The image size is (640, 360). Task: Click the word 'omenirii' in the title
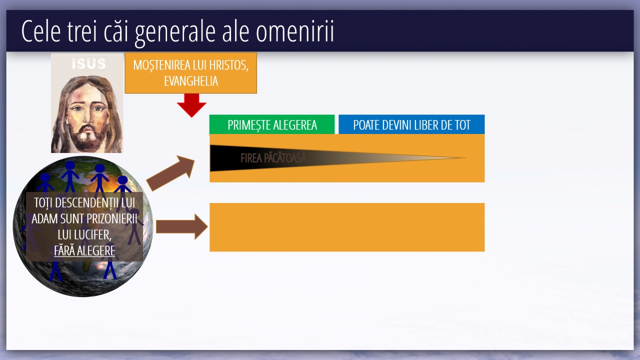point(295,31)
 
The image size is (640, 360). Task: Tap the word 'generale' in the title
point(175,33)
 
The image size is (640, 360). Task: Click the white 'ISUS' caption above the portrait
point(89,63)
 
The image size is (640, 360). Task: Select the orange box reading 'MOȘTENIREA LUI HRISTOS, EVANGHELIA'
point(191,73)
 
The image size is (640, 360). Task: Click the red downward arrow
point(191,105)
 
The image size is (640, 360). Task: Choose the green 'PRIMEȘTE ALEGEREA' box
point(272,124)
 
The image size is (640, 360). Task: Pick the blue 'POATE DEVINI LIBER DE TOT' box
point(411,124)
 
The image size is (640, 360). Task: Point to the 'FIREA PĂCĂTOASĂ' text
point(273,158)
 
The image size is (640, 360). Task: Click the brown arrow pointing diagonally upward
point(170,173)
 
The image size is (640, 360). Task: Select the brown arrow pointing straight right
point(181,226)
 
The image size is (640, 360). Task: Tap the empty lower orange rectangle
point(347,227)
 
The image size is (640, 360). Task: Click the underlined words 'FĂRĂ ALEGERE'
point(84,251)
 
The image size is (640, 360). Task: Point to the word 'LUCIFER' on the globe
point(94,235)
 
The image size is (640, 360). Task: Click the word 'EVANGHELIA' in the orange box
point(191,81)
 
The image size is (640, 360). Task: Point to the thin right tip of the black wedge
point(465,157)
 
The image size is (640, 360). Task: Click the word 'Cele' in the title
point(41,31)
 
